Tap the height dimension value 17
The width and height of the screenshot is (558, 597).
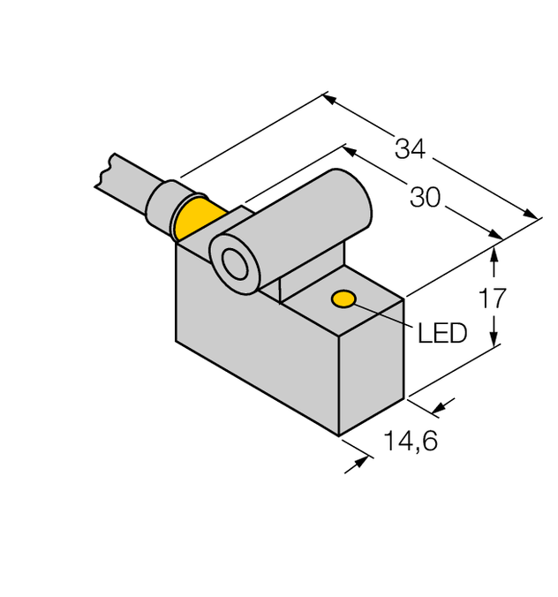(493, 298)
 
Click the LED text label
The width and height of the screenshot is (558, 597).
(441, 333)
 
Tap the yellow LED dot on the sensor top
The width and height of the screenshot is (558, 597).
(343, 299)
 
